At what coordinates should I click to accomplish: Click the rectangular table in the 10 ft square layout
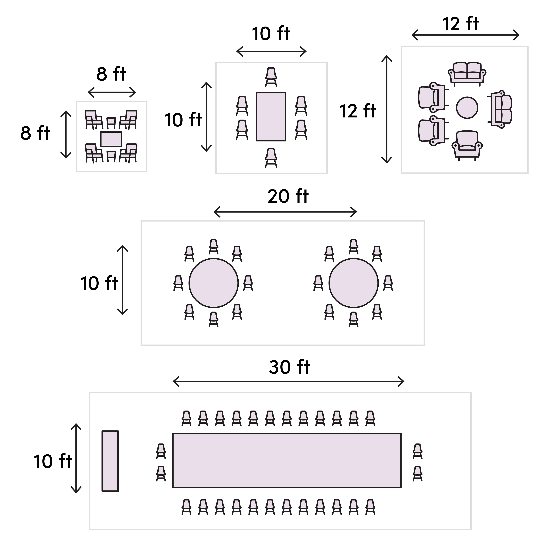(x=271, y=116)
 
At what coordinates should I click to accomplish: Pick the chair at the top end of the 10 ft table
(x=271, y=77)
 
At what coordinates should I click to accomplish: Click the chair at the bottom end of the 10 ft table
(x=271, y=158)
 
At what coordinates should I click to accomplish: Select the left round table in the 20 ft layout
(x=213, y=283)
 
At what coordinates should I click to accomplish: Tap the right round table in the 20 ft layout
(x=353, y=283)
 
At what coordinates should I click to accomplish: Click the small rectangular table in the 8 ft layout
(x=111, y=139)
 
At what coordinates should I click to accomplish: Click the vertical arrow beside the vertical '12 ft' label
(x=386, y=110)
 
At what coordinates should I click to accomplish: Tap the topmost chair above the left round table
(x=213, y=246)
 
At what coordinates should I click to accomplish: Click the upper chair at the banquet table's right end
(x=417, y=451)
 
